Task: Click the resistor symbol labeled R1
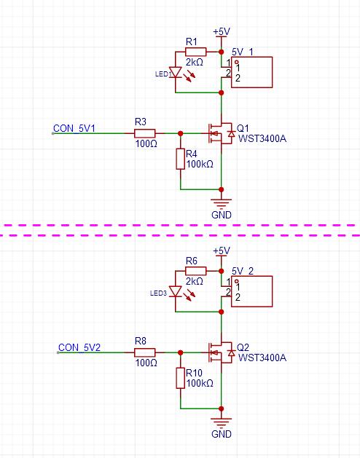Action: click(195, 52)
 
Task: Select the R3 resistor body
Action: click(145, 133)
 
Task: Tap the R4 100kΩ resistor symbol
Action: click(181, 159)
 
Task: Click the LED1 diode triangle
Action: click(176, 72)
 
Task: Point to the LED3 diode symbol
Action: click(176, 291)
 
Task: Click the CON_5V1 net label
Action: click(74, 128)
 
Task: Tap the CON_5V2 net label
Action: click(79, 347)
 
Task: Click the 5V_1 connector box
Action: click(252, 72)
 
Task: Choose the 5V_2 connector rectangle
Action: click(252, 291)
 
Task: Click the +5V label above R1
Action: click(222, 31)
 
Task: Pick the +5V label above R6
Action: click(222, 250)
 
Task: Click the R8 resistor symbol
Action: click(145, 352)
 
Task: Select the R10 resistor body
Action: click(181, 378)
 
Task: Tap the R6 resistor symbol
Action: click(195, 271)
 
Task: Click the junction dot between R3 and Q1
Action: click(181, 133)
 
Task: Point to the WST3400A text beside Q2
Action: click(262, 358)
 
